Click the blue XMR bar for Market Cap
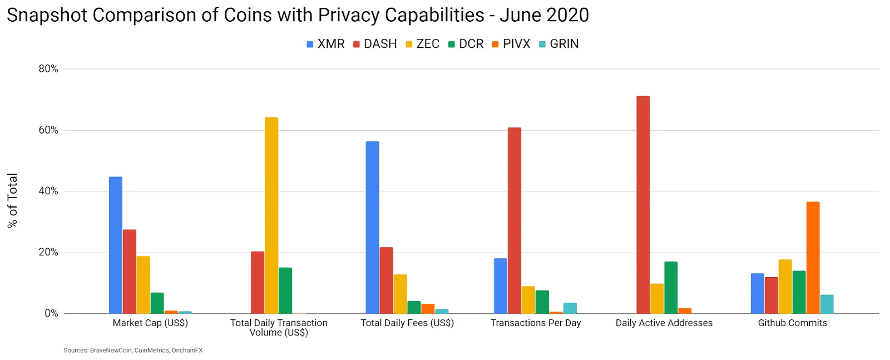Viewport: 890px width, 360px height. tap(116, 245)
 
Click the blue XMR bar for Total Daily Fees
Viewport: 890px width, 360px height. tap(372, 228)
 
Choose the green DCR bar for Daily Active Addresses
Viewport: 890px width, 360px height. tap(671, 288)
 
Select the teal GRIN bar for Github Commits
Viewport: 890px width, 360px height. tap(827, 304)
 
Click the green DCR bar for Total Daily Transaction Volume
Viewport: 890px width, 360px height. tap(285, 290)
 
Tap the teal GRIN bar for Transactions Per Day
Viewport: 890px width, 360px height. tap(570, 308)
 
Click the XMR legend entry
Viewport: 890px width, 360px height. tap(326, 44)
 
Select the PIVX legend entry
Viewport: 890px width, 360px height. tap(511, 44)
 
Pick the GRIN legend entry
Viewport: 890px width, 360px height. tap(559, 44)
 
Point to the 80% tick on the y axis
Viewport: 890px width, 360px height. tap(48, 69)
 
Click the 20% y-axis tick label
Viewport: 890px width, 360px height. tap(48, 253)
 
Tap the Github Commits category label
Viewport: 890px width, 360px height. tap(792, 323)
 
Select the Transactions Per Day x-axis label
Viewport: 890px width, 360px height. tap(536, 323)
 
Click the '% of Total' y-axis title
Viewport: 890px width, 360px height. tap(12, 201)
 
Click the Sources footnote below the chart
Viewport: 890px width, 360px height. tap(133, 351)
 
